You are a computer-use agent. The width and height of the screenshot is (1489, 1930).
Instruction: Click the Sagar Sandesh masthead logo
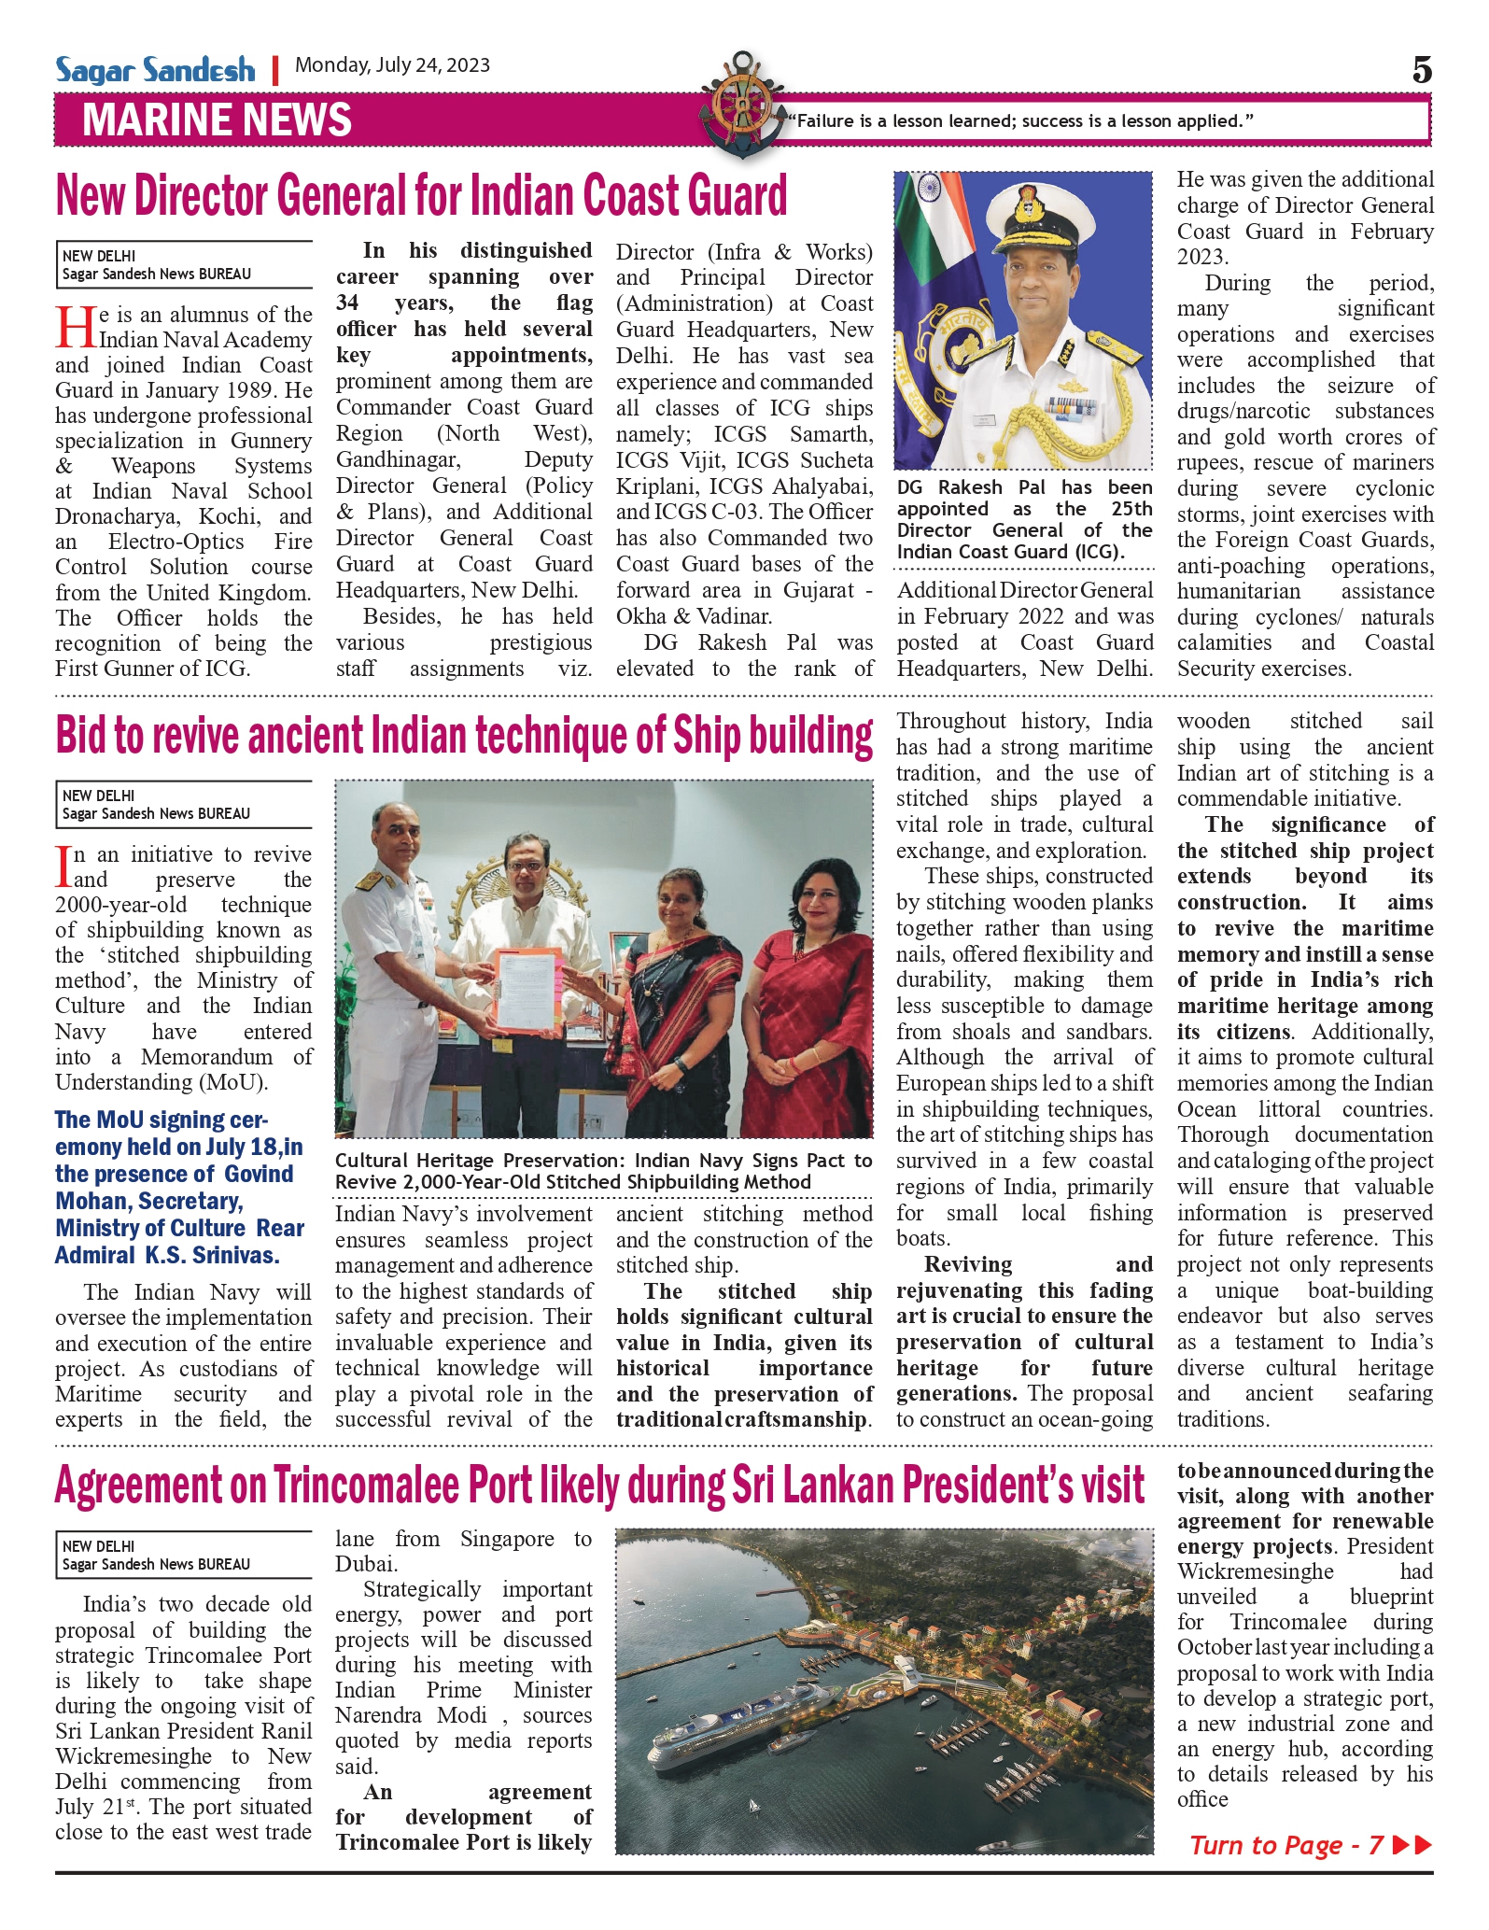pyautogui.click(x=155, y=70)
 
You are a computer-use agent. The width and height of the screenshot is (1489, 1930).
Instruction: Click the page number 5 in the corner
pyautogui.click(x=1421, y=70)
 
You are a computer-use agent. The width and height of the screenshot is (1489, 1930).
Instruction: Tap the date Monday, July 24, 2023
pyautogui.click(x=392, y=65)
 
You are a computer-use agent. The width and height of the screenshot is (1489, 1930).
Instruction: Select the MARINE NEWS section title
pyautogui.click(x=217, y=120)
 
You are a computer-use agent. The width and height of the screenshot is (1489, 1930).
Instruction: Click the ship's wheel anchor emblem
pyautogui.click(x=742, y=107)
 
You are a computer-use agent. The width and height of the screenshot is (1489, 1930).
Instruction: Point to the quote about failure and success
pyautogui.click(x=1019, y=120)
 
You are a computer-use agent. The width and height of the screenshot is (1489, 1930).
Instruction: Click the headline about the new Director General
pyautogui.click(x=421, y=196)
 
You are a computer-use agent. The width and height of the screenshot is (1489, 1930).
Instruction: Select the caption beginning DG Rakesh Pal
pyautogui.click(x=1024, y=519)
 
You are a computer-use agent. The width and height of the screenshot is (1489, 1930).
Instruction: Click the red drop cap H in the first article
pyautogui.click(x=75, y=327)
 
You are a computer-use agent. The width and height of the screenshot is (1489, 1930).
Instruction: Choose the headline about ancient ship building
pyautogui.click(x=464, y=736)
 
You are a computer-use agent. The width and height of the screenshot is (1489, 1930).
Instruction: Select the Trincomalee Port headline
pyautogui.click(x=599, y=1486)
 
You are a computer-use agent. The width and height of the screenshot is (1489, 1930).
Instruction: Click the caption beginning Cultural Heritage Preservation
pyautogui.click(x=603, y=1171)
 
